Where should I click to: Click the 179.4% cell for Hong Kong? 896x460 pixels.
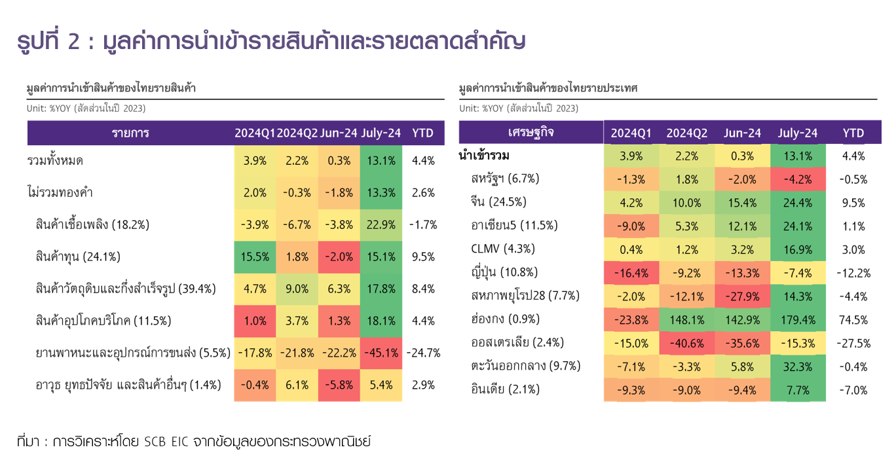click(x=798, y=320)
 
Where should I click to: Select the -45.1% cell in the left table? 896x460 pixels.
click(x=381, y=353)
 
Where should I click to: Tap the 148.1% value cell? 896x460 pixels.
click(x=686, y=320)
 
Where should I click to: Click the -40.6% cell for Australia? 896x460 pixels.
click(x=686, y=343)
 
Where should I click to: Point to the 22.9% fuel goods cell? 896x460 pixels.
click(x=381, y=224)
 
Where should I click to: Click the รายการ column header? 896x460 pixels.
click(x=130, y=133)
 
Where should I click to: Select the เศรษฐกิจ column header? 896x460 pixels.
click(x=531, y=133)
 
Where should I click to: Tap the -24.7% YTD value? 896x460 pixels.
click(x=423, y=353)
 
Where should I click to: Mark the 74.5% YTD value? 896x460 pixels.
click(x=853, y=320)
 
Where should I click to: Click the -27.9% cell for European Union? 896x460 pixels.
click(x=742, y=296)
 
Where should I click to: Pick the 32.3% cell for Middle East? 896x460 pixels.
click(x=798, y=366)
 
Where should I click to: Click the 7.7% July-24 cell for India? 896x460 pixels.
click(x=798, y=390)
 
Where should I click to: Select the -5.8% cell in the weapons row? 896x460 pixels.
click(x=339, y=385)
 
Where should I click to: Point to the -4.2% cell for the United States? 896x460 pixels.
click(x=798, y=179)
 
